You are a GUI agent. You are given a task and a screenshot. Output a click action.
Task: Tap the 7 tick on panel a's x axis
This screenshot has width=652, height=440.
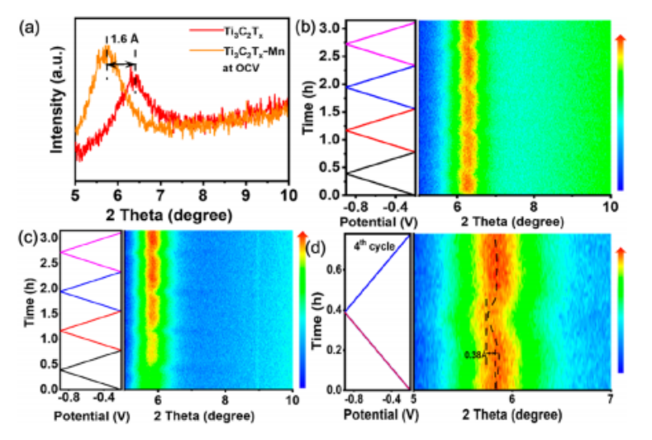click(160, 198)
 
